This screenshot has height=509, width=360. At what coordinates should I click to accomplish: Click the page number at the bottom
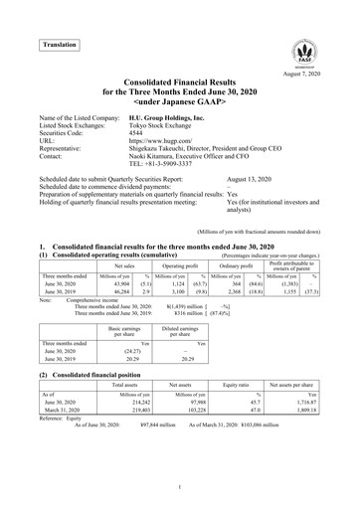point(180,486)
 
